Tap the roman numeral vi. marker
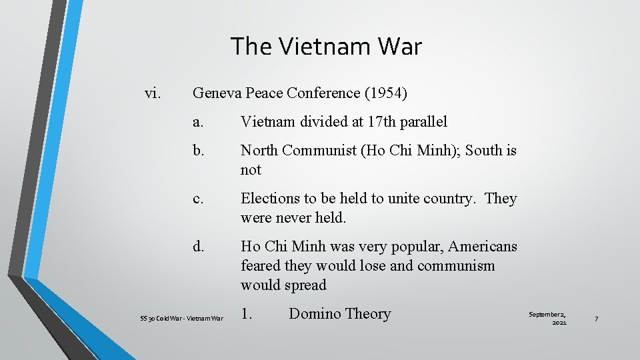tap(153, 93)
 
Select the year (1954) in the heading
tap(382, 94)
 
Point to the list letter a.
tap(198, 122)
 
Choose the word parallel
tap(423, 122)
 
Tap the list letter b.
tap(199, 151)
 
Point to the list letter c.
tap(198, 199)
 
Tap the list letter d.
tap(199, 247)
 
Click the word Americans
tap(483, 247)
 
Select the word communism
tap(456, 266)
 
